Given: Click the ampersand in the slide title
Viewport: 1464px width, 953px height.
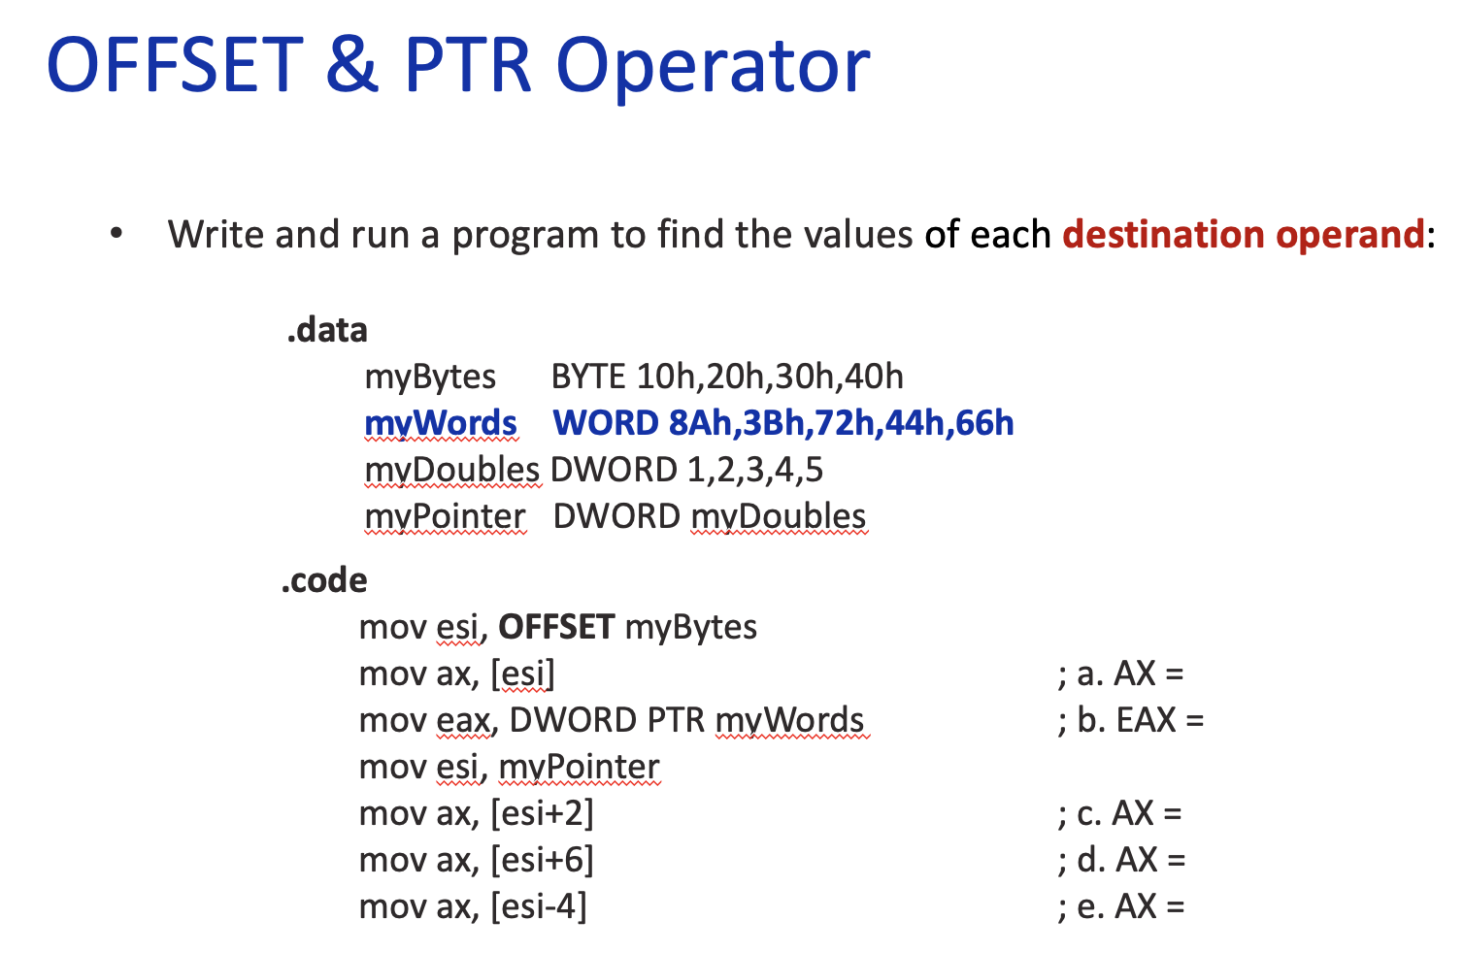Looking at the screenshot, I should [x=351, y=66].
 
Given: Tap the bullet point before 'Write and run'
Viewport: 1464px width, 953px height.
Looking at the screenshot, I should [x=116, y=234].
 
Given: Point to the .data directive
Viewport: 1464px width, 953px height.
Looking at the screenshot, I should [x=327, y=330].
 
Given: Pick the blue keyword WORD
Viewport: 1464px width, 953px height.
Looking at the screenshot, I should [x=606, y=423].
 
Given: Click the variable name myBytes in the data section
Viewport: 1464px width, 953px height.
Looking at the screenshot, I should [x=430, y=378].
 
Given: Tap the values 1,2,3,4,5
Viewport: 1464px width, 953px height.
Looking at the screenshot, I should [x=754, y=470].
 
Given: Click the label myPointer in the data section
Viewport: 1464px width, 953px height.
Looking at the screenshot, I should [x=445, y=516].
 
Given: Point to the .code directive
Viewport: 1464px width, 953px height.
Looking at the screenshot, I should [x=324, y=580].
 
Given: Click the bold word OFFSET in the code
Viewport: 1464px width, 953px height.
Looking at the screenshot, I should [x=556, y=627].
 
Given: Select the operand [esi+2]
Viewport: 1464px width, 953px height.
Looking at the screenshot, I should [x=542, y=813].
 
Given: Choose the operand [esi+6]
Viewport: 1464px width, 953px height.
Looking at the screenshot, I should [x=542, y=860].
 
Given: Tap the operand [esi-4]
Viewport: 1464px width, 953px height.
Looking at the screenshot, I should [x=538, y=906].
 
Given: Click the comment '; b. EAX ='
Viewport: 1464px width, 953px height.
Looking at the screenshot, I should [x=1130, y=720].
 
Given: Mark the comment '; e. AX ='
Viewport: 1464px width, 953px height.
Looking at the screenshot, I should [x=1120, y=906].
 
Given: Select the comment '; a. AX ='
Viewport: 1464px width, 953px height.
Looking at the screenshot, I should [x=1120, y=674].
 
